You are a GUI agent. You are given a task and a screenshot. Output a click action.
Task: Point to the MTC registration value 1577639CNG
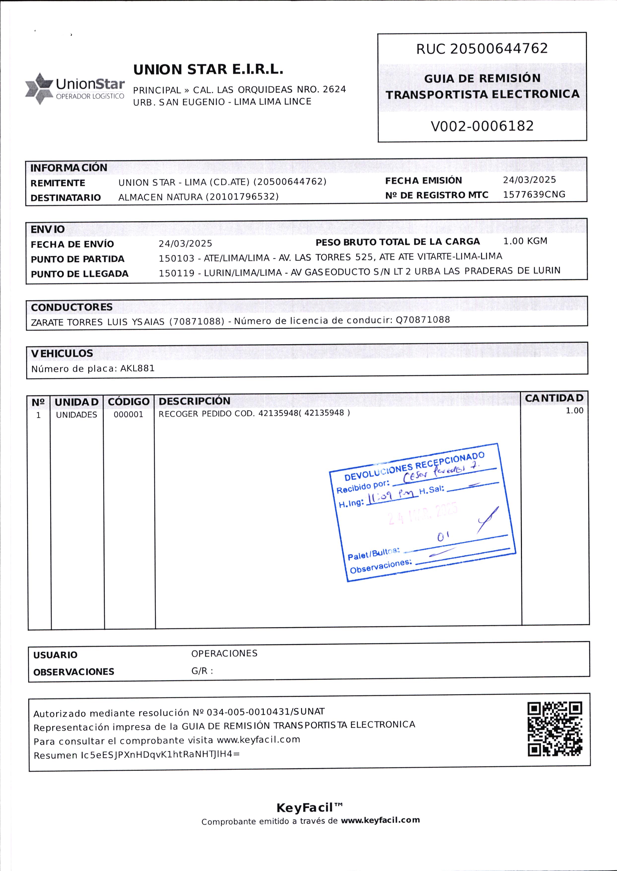(x=534, y=195)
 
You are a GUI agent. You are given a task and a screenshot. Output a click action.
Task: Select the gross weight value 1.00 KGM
(x=525, y=241)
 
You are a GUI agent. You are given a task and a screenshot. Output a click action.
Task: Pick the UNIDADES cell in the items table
(x=76, y=415)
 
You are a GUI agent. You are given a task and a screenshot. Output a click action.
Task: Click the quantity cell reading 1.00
(x=574, y=410)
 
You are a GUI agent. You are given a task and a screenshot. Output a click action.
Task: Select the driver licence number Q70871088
(x=422, y=320)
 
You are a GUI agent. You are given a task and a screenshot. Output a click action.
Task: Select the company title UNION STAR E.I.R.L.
(x=208, y=69)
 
